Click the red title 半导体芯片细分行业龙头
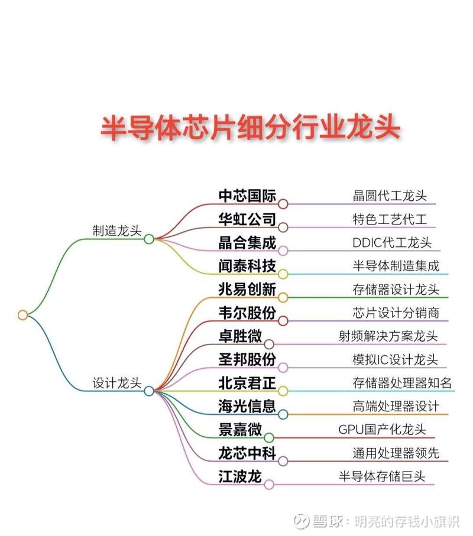click(250, 128)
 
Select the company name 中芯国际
click(247, 196)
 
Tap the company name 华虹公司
click(247, 219)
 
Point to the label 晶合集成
click(247, 243)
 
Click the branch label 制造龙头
click(117, 230)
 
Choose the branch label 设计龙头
click(117, 383)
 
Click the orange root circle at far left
click(23, 315)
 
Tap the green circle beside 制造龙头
click(149, 239)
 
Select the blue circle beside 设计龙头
click(149, 391)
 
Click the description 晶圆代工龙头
click(390, 196)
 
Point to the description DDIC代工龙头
click(392, 243)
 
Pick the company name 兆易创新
click(247, 289)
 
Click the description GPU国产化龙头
click(382, 430)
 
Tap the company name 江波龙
click(240, 476)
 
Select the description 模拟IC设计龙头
click(396, 360)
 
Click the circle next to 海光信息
click(283, 414)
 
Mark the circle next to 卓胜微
click(269, 344)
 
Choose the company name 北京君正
click(247, 383)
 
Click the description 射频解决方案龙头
click(388, 336)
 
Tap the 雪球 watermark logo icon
click(302, 522)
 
